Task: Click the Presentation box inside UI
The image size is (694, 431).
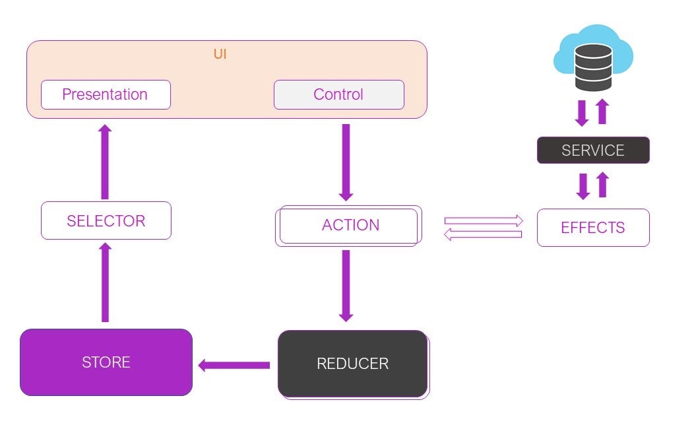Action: click(106, 94)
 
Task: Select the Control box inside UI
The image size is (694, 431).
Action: click(338, 94)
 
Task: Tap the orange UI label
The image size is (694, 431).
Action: click(220, 54)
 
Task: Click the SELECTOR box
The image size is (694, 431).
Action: click(106, 220)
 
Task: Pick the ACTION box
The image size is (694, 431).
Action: click(349, 226)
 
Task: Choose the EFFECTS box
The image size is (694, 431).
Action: click(592, 228)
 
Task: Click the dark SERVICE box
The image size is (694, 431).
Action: click(592, 150)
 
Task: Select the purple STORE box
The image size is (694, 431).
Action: click(106, 362)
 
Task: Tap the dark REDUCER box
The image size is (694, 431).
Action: click(352, 364)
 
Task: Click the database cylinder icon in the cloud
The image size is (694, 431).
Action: click(593, 67)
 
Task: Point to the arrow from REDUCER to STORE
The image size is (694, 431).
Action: click(234, 365)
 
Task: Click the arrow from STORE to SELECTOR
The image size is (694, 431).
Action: click(105, 282)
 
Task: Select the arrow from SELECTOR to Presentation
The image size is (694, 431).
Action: click(105, 162)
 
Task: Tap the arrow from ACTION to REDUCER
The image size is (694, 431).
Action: click(346, 286)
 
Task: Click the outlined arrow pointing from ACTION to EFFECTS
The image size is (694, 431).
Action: click(484, 220)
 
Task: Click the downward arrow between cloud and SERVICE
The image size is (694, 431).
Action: click(582, 113)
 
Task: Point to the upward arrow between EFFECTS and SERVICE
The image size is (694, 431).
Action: click(602, 185)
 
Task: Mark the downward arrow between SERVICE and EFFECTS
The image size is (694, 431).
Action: click(583, 186)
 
